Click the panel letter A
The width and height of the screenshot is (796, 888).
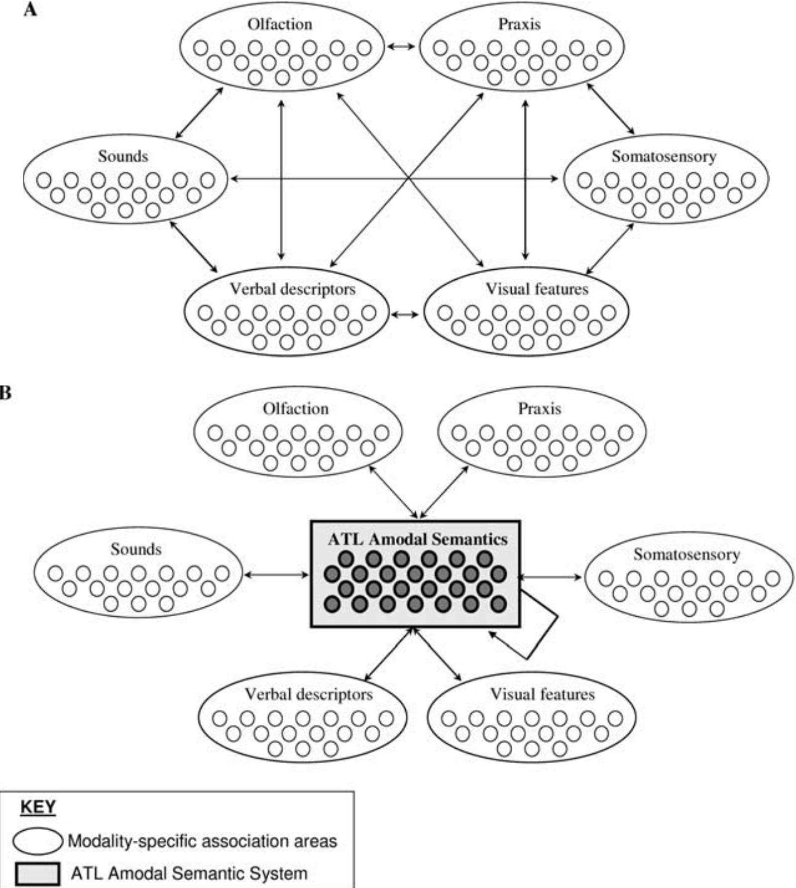30,9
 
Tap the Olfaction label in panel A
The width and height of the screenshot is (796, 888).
280,24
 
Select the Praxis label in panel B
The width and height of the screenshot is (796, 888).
540,409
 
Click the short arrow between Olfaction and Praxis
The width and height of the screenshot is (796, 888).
401,46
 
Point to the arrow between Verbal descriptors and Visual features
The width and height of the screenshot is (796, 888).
405,314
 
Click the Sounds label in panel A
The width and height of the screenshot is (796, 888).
123,156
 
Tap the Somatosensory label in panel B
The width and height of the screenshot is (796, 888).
686,554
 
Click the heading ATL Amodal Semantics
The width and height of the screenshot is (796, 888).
417,539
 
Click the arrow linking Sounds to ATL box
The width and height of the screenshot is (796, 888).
276,575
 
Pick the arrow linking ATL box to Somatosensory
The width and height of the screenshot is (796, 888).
550,577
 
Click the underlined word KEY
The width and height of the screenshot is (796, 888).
38,807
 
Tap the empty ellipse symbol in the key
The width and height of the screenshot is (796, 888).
38,841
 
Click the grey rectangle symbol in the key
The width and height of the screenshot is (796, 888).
37,874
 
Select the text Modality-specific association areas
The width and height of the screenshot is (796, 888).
202,841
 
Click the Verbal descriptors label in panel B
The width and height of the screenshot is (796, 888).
309,694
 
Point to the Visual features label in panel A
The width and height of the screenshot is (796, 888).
537,289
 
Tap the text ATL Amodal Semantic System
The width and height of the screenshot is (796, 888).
189,874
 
